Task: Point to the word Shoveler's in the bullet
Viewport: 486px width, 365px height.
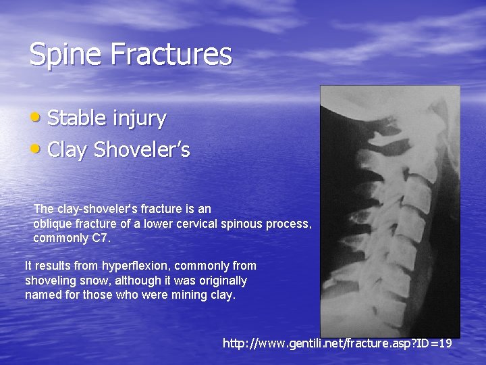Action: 142,149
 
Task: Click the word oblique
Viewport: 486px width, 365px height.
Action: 52,224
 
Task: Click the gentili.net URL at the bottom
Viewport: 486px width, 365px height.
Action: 337,343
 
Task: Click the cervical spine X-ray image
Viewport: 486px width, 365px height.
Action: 389,210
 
